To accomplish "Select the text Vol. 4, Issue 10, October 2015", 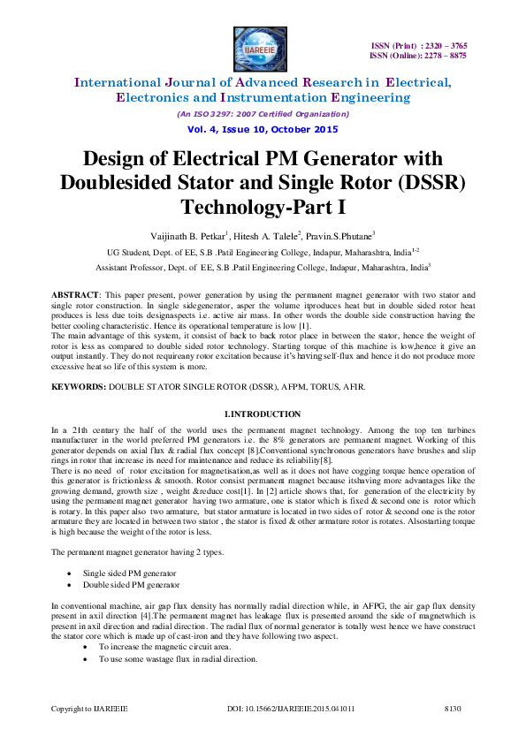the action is point(263,129).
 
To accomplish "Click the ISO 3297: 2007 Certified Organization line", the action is point(263,114).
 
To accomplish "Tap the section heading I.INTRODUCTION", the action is point(262,414).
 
